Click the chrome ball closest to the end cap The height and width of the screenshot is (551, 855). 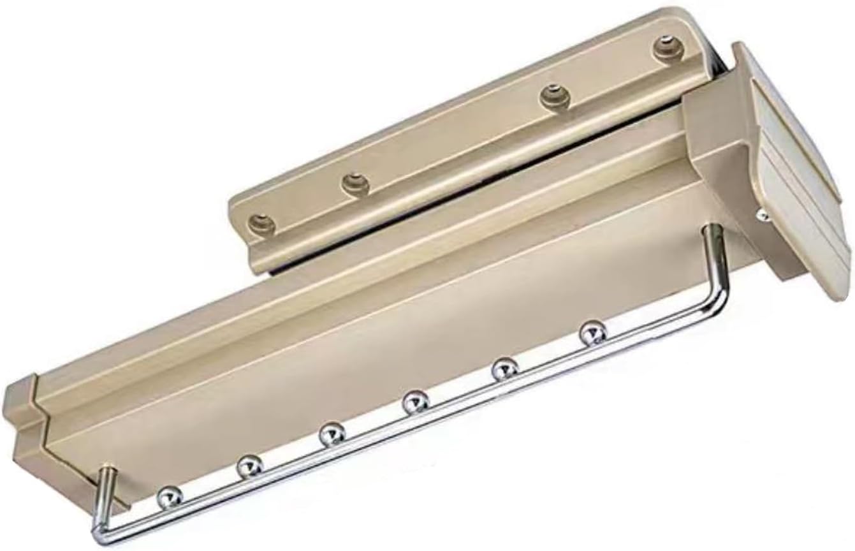[x=170, y=496]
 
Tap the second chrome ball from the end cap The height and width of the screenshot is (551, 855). [x=250, y=467]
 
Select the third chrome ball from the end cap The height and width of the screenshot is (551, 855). [x=332, y=434]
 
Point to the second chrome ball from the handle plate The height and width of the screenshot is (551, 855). [x=504, y=369]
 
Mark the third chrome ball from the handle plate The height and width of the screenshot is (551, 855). [x=416, y=402]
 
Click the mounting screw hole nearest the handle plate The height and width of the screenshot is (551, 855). [x=666, y=48]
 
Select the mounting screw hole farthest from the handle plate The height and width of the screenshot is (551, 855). [x=262, y=223]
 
